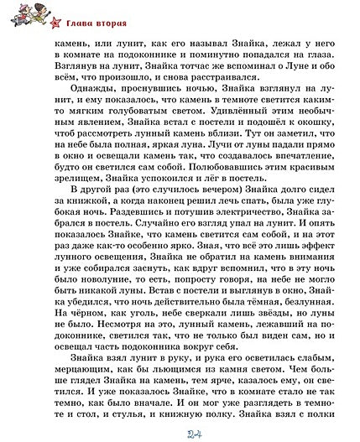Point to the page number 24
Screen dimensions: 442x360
[180, 432]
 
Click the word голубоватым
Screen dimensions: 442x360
[150, 119]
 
